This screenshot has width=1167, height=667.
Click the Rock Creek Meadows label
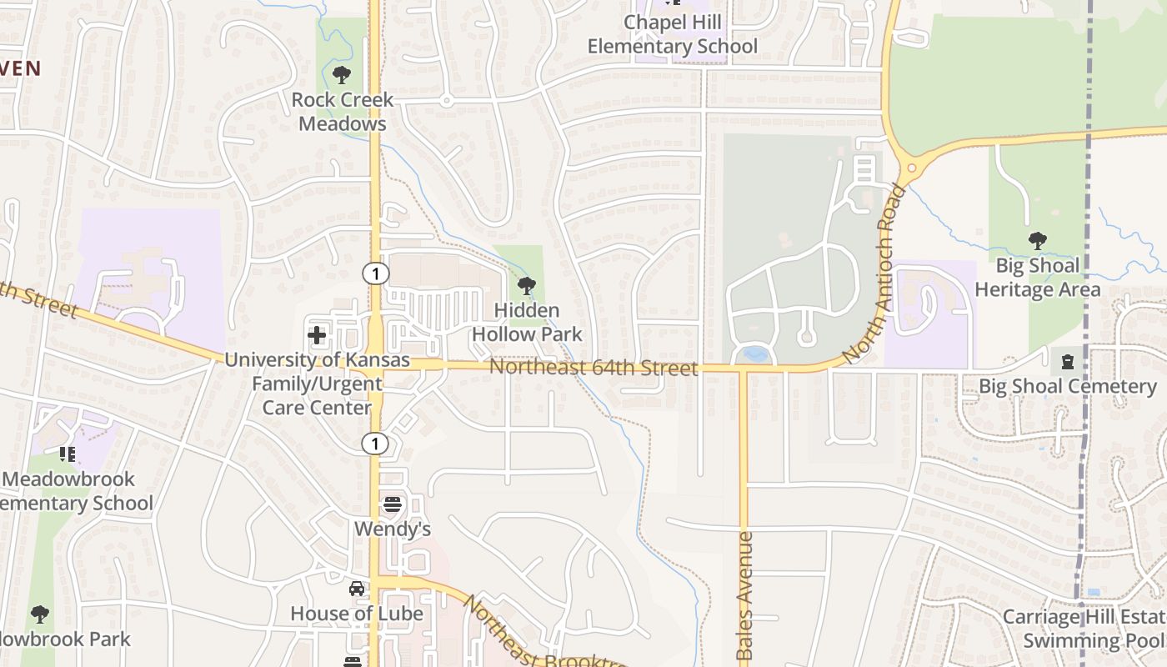point(342,112)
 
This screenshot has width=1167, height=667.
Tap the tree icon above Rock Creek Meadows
point(341,75)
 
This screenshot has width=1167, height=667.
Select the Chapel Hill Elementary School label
point(673,34)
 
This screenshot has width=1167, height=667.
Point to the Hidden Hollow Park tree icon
point(526,286)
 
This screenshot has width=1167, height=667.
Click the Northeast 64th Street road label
point(593,368)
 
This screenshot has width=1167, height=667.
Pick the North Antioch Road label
point(874,274)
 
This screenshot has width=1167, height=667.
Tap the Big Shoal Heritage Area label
point(1038,278)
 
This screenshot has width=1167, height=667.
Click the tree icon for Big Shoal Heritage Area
point(1038,242)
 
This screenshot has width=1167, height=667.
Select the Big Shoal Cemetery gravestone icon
point(1067,362)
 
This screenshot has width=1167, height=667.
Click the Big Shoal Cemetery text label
point(1067,387)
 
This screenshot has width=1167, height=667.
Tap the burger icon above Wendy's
point(392,504)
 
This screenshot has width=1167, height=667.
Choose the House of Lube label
point(356,614)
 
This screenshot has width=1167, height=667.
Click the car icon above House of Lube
point(357,589)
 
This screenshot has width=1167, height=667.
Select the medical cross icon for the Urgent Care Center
point(317,336)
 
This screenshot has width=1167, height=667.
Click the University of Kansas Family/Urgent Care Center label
point(317,384)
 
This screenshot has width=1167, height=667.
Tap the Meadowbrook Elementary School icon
point(68,454)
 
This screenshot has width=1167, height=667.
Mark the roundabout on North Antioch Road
point(910,168)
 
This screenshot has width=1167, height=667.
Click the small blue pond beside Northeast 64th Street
point(755,354)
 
